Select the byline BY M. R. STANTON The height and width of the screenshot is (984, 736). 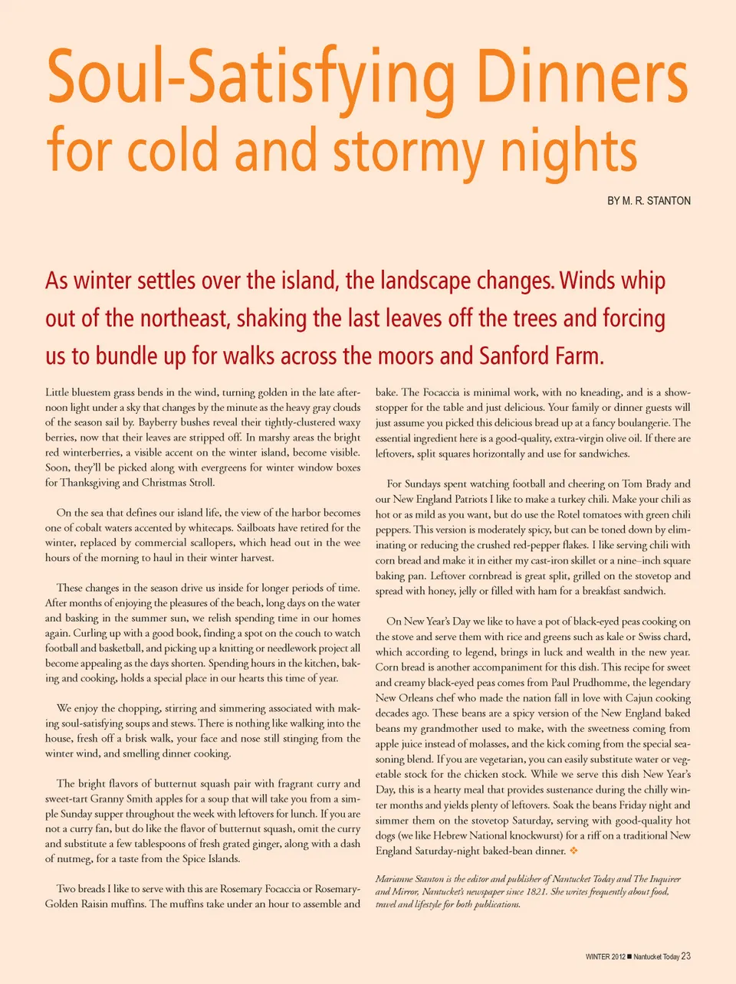click(649, 201)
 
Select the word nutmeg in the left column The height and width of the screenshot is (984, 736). click(71, 858)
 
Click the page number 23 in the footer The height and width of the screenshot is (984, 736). click(685, 956)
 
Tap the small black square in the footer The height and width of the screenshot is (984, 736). click(629, 956)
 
